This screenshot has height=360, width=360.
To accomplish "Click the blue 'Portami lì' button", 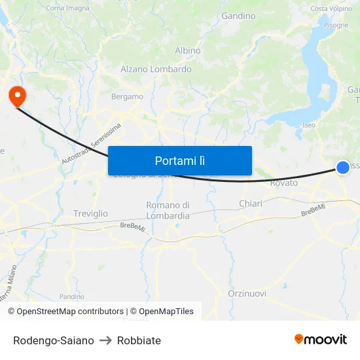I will pyautogui.click(x=179, y=160).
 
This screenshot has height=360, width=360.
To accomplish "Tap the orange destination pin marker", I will pyautogui.click(x=16, y=97).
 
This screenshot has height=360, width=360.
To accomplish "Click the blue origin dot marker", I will pyautogui.click(x=343, y=168).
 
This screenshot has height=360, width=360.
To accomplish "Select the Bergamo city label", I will pyautogui.click(x=127, y=96).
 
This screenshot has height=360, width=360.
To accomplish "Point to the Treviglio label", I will pyautogui.click(x=91, y=213).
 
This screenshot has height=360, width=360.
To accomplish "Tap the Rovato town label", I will pyautogui.click(x=283, y=183).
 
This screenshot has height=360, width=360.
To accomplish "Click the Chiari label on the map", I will pyautogui.click(x=251, y=204).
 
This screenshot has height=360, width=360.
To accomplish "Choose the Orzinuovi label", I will pyautogui.click(x=247, y=293).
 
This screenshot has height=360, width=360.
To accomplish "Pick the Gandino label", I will pyautogui.click(x=238, y=15).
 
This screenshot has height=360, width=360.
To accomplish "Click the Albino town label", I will pyautogui.click(x=188, y=50).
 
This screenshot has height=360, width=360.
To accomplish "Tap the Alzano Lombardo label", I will pyautogui.click(x=156, y=69).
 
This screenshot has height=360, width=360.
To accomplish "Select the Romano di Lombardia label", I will pyautogui.click(x=168, y=210).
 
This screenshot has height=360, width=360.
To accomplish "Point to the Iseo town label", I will pyautogui.click(x=309, y=124).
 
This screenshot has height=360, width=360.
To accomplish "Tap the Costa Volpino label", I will pyautogui.click(x=331, y=9).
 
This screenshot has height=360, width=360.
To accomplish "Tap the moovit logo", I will pyautogui.click(x=321, y=339).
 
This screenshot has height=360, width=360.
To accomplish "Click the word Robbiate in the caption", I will pyautogui.click(x=139, y=340).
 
